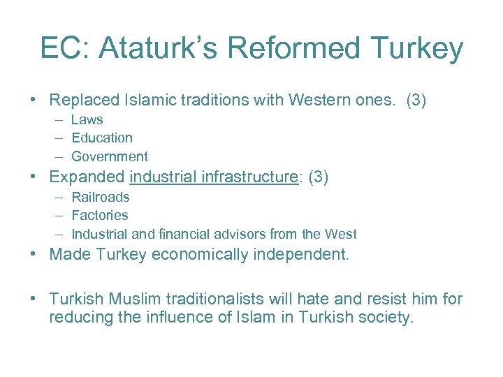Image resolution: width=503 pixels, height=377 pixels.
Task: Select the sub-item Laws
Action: coord(87,119)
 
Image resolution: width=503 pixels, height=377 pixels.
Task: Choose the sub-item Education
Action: coord(102,138)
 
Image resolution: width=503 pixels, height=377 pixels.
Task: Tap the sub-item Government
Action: coord(110,156)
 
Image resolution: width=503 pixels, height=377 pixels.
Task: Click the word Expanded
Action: coord(87,177)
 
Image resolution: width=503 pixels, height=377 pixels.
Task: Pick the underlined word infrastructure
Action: coord(249,177)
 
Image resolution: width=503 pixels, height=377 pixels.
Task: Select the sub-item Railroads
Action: coord(101,197)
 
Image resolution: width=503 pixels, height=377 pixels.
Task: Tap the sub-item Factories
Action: coord(100,215)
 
